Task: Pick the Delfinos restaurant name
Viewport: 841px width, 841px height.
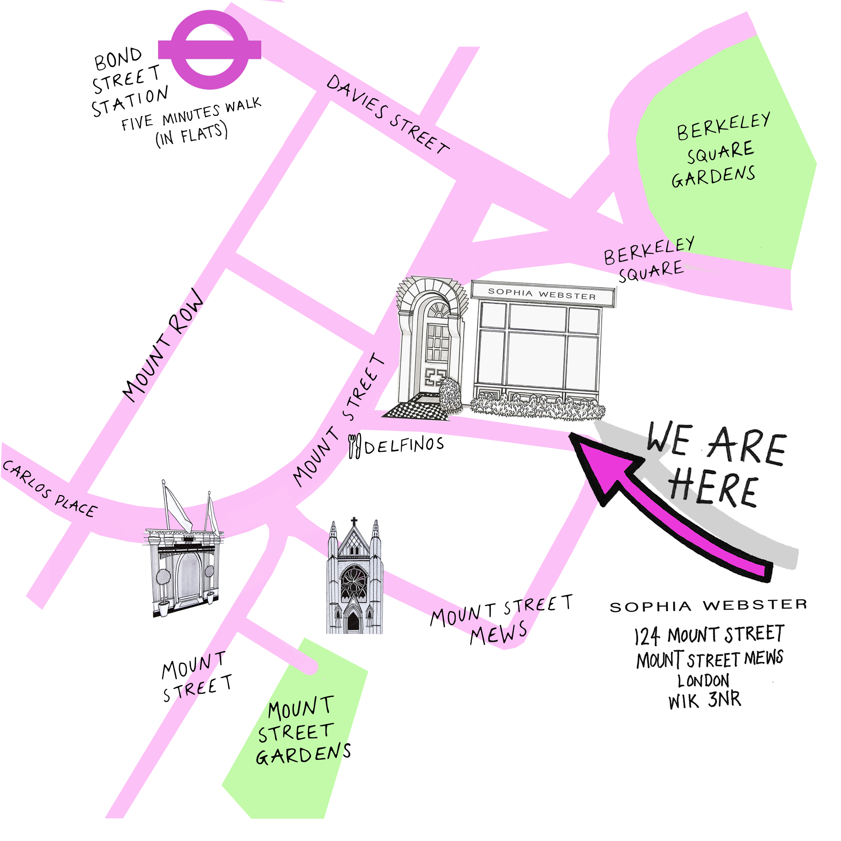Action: (x=404, y=445)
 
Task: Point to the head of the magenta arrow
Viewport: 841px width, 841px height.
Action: (x=603, y=466)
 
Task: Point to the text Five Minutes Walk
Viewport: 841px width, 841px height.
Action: (x=192, y=114)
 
